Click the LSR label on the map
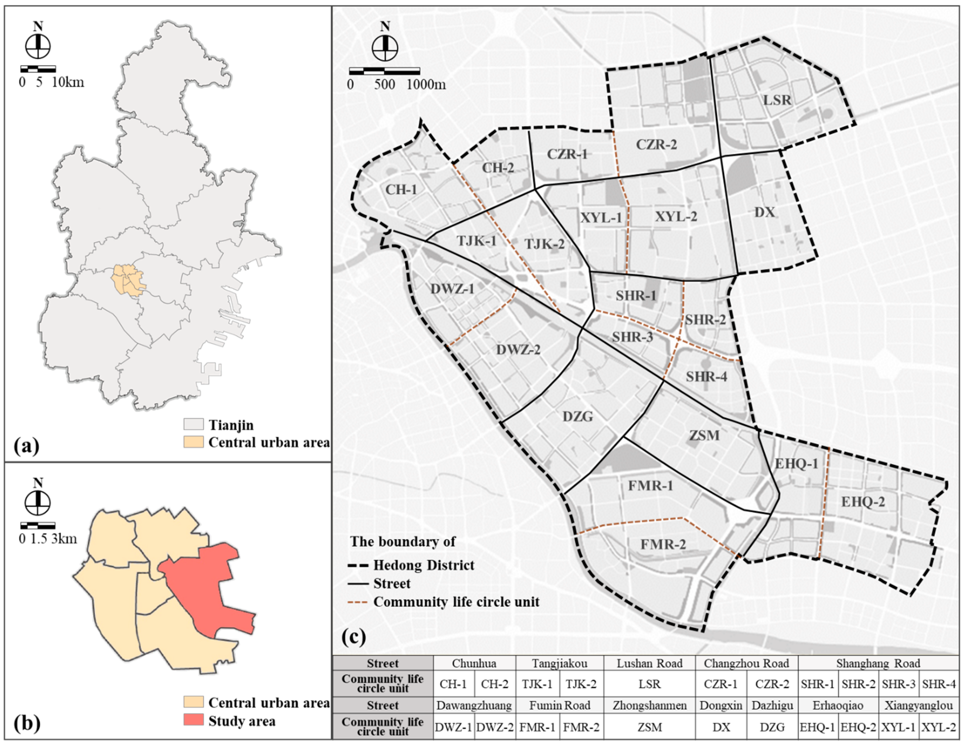pos(777,100)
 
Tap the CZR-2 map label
pos(656,144)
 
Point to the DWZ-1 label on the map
pos(452,289)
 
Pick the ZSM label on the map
pos(704,436)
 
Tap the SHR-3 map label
pos(632,337)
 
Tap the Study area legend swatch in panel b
pos(194,720)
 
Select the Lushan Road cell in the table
pos(649,663)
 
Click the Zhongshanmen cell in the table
pos(649,705)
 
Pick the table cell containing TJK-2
pos(581,684)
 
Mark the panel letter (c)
pos(353,636)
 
